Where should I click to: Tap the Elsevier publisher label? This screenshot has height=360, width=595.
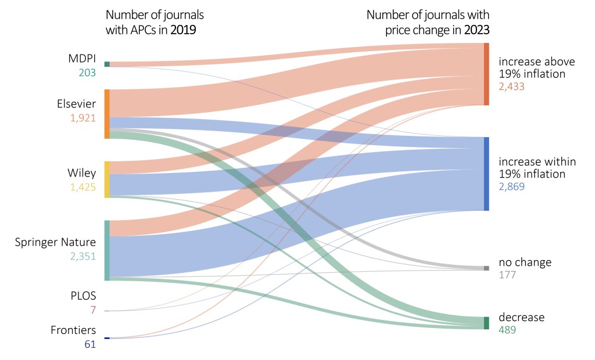[x=76, y=104]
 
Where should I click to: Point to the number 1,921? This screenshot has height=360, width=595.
[x=81, y=118]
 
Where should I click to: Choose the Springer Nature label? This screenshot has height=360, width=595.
[x=55, y=242]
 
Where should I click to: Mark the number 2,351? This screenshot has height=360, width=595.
[x=81, y=255]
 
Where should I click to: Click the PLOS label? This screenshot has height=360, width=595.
[x=83, y=296]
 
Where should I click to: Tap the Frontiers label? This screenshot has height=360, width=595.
[x=73, y=330]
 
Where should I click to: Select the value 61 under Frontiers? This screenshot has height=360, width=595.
[x=89, y=344]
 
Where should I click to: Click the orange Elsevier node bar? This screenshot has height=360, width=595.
[x=107, y=114]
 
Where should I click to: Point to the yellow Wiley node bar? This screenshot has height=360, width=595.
[x=107, y=179]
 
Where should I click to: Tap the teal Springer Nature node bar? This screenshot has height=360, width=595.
[x=107, y=250]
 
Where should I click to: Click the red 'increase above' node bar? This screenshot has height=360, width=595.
[x=486, y=74]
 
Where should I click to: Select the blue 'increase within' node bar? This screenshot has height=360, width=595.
[x=486, y=174]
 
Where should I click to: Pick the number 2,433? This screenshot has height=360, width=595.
[x=511, y=87]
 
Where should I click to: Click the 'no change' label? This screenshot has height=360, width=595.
[x=525, y=262]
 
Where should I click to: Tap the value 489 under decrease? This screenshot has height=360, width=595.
[x=507, y=330]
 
